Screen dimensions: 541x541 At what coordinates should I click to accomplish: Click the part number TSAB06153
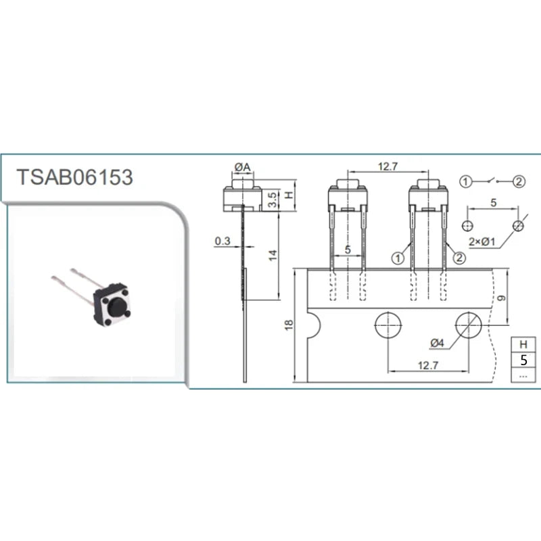point(74,177)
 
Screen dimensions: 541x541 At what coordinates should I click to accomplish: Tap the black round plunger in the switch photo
point(116,306)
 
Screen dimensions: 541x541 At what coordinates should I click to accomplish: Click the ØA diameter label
point(243,167)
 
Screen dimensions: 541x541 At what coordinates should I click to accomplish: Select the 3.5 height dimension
point(273,199)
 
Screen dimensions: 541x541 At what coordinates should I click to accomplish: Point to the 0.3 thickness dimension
point(222,241)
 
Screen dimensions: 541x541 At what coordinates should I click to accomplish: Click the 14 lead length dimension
point(273,256)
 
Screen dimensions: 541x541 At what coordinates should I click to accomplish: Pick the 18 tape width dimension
point(289,325)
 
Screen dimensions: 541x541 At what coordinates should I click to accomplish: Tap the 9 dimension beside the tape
point(502,298)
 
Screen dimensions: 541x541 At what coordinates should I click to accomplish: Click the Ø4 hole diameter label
point(437,343)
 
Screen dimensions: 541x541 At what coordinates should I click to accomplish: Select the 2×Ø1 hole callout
point(481,242)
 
